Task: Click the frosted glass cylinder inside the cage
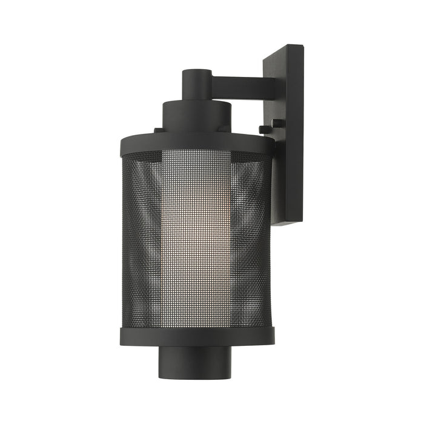[x=197, y=236]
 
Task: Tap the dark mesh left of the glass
[x=142, y=236]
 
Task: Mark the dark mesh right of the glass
[x=251, y=236]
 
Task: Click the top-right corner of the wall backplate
[x=302, y=46]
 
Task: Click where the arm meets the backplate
[x=264, y=83]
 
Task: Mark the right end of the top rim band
[x=272, y=143]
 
